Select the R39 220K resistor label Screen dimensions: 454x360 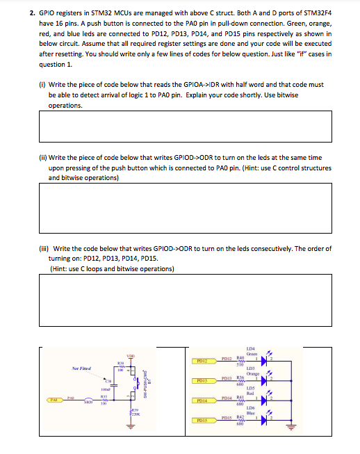click(134, 412)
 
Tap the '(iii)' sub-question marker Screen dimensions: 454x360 click(44, 248)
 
